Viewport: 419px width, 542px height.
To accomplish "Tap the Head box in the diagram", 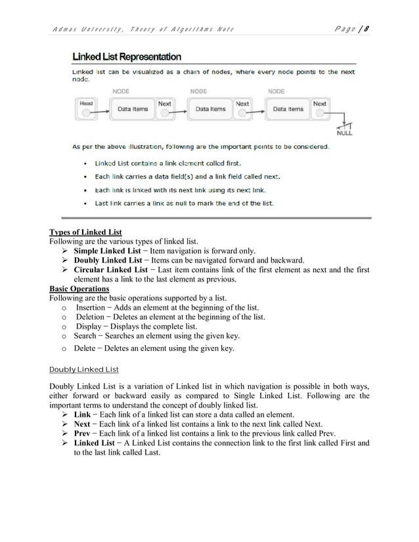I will [x=86, y=108].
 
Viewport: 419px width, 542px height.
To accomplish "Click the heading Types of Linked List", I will [x=86, y=232].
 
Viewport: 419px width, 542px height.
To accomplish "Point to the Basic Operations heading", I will [x=79, y=288].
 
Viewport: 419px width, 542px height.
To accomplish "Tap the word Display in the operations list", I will [x=90, y=326].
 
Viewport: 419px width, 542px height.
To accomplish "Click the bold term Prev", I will [x=83, y=434].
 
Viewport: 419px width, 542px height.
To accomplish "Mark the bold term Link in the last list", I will [x=82, y=415].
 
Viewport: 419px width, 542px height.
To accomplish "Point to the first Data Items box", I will [x=133, y=110].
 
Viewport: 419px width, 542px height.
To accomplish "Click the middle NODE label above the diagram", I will [x=199, y=92].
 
